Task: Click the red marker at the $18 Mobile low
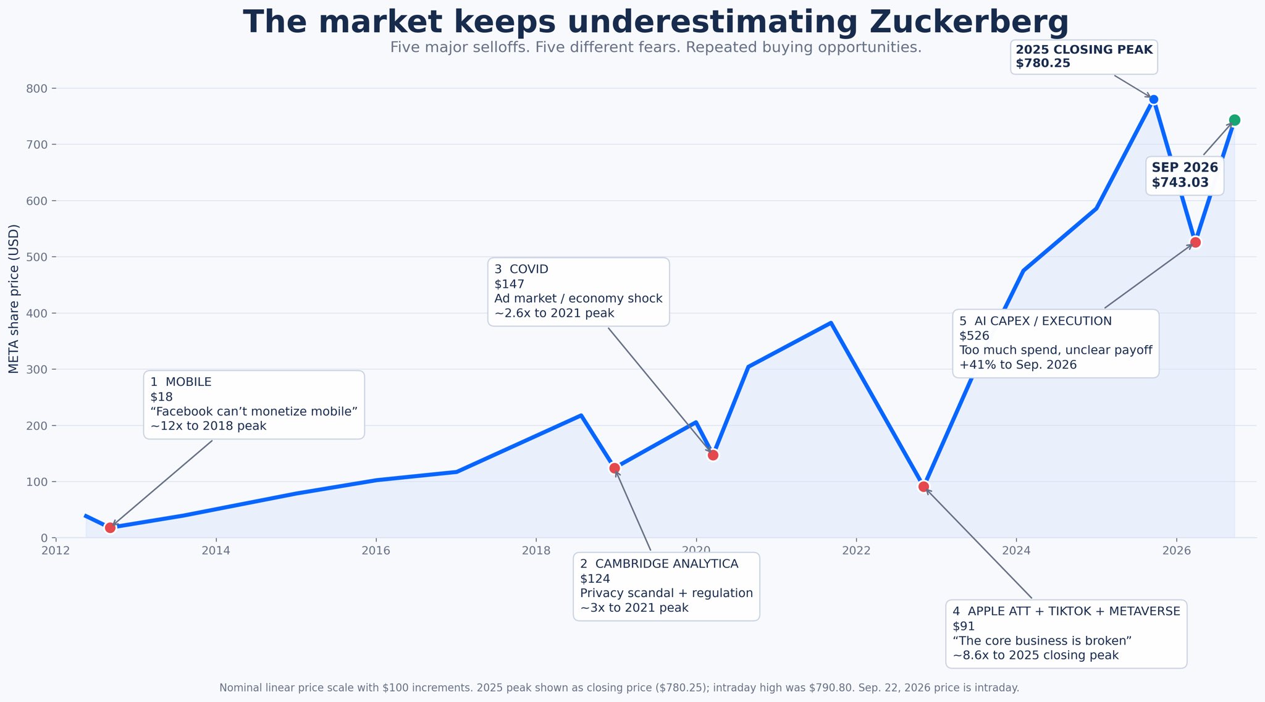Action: [110, 527]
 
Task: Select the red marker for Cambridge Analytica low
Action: [615, 468]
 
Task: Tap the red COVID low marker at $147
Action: [713, 455]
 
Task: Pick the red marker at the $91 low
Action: [923, 487]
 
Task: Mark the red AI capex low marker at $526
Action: [1195, 242]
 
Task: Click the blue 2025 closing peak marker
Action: [1153, 99]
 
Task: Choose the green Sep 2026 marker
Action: [1235, 120]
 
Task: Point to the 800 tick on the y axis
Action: [37, 89]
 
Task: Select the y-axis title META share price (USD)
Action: [14, 299]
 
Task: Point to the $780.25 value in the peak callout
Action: [1043, 64]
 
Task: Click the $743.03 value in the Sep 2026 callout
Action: [1180, 183]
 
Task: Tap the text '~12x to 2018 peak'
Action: [208, 426]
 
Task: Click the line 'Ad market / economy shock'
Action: [578, 299]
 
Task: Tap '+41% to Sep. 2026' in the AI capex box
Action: [1018, 365]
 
